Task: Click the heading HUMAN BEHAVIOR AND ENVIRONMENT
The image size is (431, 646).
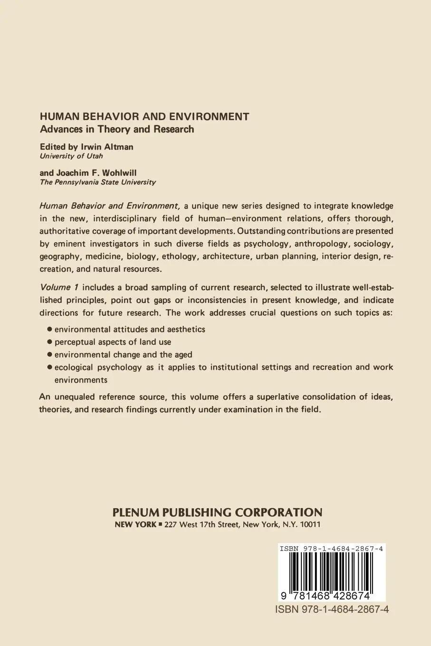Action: coord(144,116)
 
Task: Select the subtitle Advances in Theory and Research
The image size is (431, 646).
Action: coord(116,129)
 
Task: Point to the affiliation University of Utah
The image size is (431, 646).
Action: coord(71,156)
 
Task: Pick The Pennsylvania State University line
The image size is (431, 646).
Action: coord(97,182)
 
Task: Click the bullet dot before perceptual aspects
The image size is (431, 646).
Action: coord(49,342)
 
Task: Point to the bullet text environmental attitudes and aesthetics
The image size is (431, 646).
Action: coord(130,329)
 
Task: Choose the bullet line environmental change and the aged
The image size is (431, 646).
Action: coord(123,354)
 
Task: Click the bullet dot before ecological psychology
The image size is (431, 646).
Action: coord(49,367)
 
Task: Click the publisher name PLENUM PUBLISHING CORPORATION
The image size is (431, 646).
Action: coord(217,513)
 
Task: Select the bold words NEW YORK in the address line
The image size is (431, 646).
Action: coord(135,525)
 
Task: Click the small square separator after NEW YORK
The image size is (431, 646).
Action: coord(160,525)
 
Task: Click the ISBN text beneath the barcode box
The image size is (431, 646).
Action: coord(332,609)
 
